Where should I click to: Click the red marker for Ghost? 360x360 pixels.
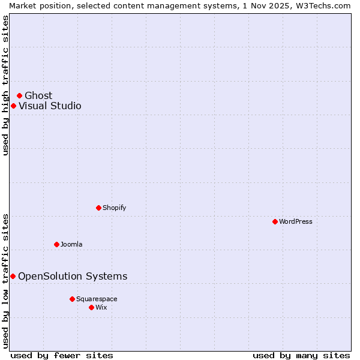click(19, 95)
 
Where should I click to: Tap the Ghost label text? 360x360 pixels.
click(38, 95)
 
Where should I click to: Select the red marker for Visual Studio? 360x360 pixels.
click(13, 106)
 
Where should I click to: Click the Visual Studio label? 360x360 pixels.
click(50, 106)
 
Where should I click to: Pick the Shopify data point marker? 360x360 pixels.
click(98, 208)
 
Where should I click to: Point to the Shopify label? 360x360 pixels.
click(114, 208)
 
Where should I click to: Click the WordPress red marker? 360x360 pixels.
click(275, 221)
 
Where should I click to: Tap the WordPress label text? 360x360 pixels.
click(295, 221)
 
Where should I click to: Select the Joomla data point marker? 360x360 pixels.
click(56, 244)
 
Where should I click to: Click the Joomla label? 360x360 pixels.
click(71, 244)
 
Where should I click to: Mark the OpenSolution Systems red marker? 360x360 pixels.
click(13, 276)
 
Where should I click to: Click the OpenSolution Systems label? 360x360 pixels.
click(73, 276)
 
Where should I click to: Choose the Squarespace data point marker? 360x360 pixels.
click(72, 299)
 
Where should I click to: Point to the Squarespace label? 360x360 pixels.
click(97, 299)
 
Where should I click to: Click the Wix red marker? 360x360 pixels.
click(91, 307)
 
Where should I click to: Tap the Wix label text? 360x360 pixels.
click(101, 307)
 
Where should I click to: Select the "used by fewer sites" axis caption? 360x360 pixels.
click(62, 355)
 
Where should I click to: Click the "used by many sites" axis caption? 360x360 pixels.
click(301, 355)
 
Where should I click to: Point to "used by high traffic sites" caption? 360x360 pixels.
click(5, 85)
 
